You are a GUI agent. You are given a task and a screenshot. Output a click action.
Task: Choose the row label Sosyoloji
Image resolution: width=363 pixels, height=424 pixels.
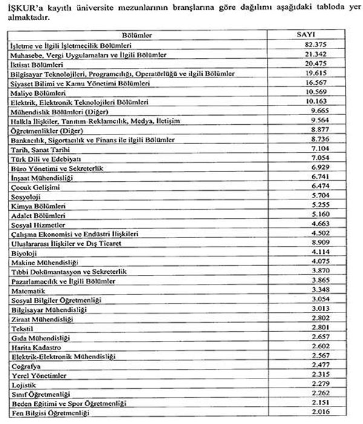pos(27,196)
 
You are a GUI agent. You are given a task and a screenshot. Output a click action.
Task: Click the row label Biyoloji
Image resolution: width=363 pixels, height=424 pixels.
pos(25,253)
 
